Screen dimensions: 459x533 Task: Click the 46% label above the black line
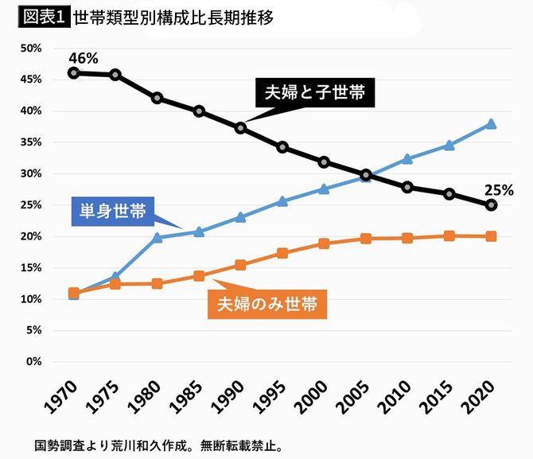[x=84, y=59]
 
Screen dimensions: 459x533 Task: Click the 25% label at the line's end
[x=499, y=190]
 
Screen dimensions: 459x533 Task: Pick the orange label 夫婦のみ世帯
[x=268, y=303]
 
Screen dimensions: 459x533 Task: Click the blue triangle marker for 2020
[x=491, y=124]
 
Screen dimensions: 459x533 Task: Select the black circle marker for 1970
[x=74, y=72]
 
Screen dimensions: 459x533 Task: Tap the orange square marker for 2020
[x=491, y=236]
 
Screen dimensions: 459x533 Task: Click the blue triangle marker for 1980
[x=158, y=237]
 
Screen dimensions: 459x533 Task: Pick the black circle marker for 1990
[x=240, y=127]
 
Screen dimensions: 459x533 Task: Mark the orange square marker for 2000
[x=324, y=243]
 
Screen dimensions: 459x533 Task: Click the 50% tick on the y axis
[x=30, y=49]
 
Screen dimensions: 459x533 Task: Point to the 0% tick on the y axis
[x=33, y=362]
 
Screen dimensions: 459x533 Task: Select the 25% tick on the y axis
[x=30, y=205]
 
